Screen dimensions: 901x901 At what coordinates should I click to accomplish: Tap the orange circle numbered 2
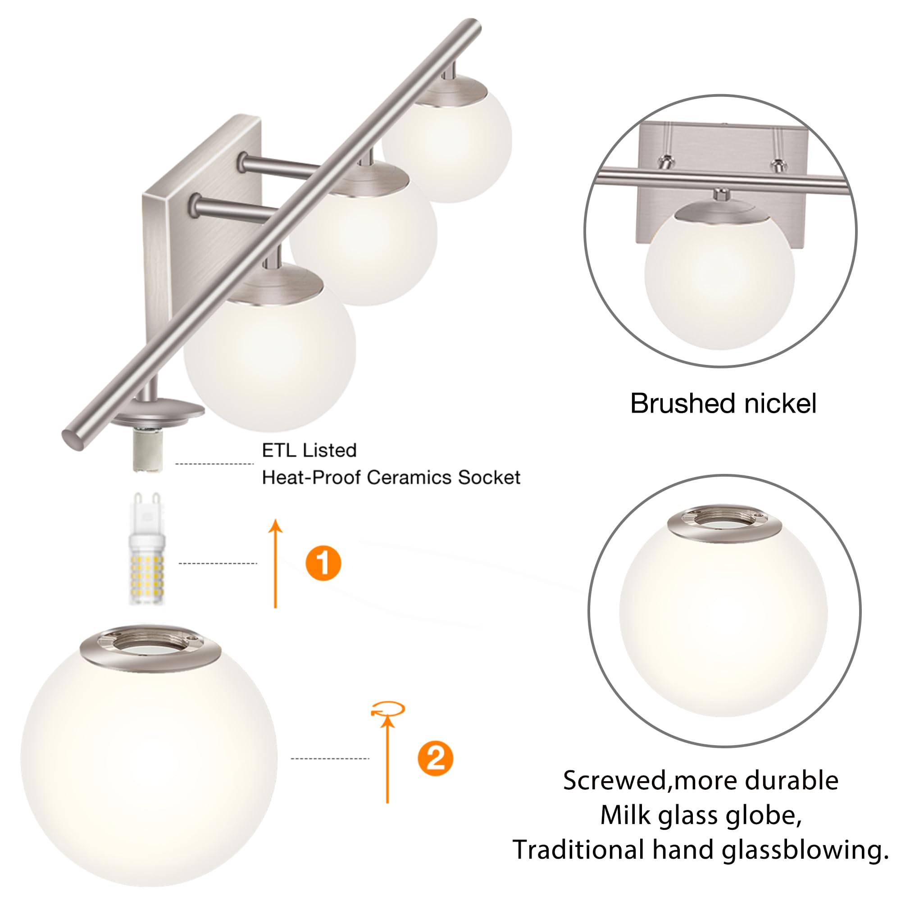[435, 759]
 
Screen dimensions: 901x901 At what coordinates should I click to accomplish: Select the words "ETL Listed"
[309, 450]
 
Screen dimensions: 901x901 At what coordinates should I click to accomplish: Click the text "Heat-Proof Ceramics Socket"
[391, 478]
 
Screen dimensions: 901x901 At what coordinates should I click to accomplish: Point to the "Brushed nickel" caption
[723, 403]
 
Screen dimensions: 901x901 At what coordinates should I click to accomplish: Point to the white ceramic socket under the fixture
[147, 450]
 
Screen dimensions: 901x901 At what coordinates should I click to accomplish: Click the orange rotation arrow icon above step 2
[388, 710]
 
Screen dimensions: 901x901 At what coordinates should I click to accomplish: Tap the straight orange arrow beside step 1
[276, 564]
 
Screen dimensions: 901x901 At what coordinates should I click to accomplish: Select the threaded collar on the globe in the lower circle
[724, 523]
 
